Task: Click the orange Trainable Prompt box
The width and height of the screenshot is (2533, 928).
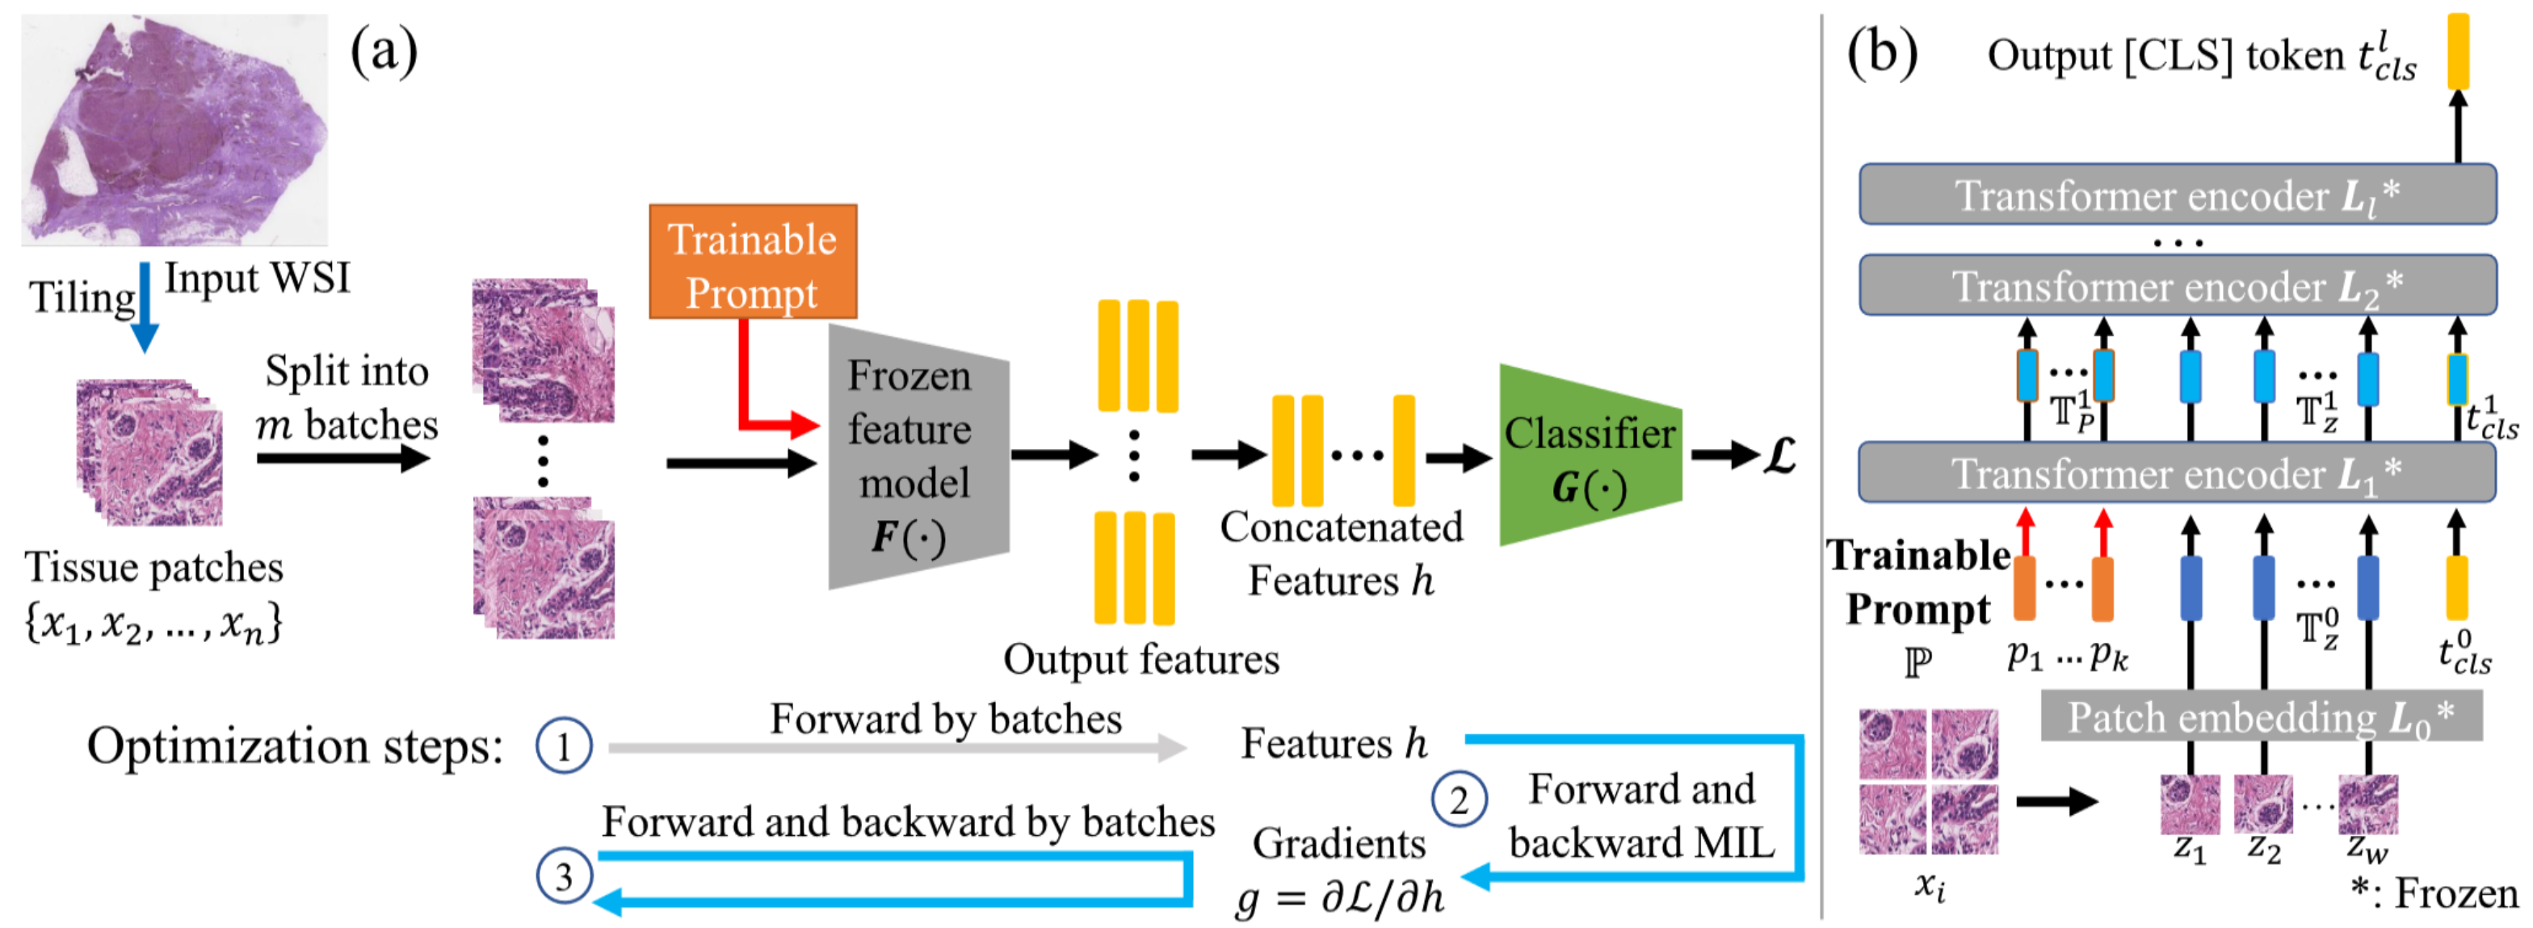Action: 752,262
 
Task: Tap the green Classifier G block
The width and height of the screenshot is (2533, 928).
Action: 1587,456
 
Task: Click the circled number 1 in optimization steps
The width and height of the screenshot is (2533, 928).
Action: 564,746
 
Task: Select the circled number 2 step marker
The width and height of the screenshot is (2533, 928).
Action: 1458,800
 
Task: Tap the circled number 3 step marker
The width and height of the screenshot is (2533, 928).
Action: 564,875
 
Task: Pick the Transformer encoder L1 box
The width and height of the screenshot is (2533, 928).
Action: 2176,472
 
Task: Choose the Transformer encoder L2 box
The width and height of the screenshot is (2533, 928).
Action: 2176,286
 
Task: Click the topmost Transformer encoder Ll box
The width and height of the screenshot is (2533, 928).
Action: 2176,195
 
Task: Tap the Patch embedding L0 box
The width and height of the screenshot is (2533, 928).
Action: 2260,716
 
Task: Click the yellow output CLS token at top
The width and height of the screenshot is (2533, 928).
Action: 2457,50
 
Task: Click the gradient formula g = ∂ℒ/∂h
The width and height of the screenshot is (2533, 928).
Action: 1340,897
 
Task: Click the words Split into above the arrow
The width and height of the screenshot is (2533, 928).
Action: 347,372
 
